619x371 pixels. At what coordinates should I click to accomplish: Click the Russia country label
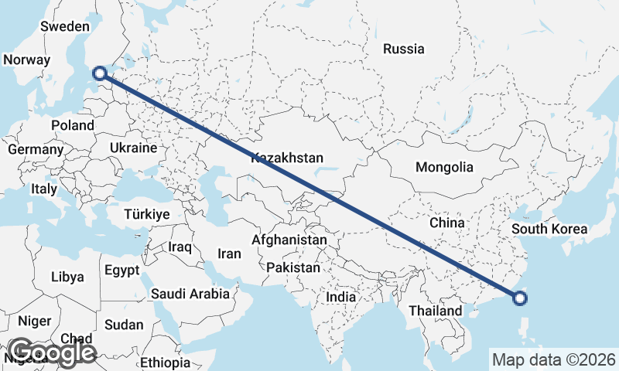(x=404, y=49)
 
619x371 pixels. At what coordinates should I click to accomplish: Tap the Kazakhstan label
(x=287, y=158)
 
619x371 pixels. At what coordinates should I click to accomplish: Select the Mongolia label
(x=443, y=167)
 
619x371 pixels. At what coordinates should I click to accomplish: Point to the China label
(x=447, y=223)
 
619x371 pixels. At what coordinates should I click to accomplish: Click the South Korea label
(x=549, y=229)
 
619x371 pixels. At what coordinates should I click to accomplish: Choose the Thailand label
(x=436, y=311)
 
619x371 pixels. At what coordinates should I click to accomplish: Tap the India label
(x=341, y=297)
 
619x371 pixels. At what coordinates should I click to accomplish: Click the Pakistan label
(x=293, y=267)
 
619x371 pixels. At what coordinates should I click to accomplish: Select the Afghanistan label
(x=289, y=240)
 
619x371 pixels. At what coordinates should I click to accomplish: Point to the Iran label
(x=229, y=253)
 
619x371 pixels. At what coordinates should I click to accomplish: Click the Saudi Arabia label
(x=190, y=294)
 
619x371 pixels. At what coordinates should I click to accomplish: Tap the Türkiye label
(x=147, y=214)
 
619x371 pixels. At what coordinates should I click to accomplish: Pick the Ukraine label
(x=133, y=148)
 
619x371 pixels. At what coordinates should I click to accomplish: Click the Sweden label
(x=65, y=26)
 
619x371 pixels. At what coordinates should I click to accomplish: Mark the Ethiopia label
(x=165, y=362)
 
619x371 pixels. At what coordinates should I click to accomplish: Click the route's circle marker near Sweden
(x=99, y=73)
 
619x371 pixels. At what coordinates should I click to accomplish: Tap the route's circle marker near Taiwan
(x=520, y=298)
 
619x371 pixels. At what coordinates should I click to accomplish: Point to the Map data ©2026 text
(x=554, y=359)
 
